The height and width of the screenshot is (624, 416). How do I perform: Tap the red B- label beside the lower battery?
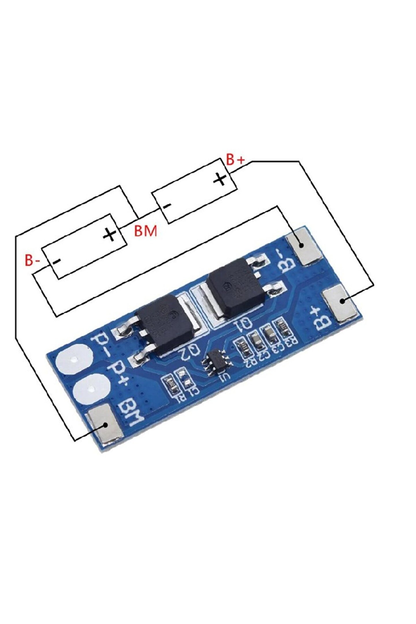point(32,260)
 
